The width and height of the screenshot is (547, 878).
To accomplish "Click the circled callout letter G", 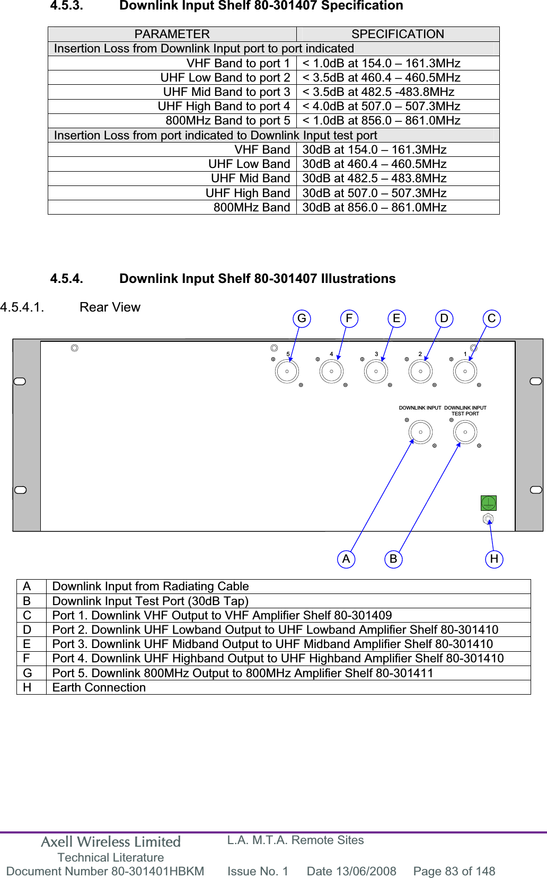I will tap(302, 318).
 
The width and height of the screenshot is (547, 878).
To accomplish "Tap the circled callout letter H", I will tap(494, 559).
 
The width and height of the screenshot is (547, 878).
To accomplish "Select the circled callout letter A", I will tap(346, 559).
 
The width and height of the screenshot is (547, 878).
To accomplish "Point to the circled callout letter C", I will tap(491, 318).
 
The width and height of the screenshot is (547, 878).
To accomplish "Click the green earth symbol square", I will tap(488, 503).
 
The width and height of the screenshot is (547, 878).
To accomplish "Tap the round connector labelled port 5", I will tap(287, 371).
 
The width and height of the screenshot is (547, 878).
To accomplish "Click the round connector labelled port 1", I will tap(465, 371).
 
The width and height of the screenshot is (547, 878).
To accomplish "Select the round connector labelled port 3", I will tap(376, 371).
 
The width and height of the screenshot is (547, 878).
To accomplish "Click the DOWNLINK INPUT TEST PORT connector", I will tap(465, 432).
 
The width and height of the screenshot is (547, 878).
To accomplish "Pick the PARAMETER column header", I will tap(172, 34).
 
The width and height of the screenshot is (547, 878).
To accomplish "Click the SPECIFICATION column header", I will tap(398, 34).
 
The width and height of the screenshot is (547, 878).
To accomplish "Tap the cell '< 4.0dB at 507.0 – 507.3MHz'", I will tap(381, 106).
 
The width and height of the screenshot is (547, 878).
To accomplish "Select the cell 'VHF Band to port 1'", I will tap(238, 63).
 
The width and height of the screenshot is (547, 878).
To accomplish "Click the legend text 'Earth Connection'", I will tap(99, 687).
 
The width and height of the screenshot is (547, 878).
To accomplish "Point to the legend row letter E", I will tap(27, 644).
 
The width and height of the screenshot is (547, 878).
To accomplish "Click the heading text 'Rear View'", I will tap(110, 307).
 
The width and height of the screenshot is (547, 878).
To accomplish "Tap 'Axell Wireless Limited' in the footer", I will tap(111, 842).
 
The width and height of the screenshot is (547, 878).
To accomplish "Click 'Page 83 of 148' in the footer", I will tap(454, 871).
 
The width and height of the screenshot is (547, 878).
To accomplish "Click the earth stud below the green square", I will tap(488, 519).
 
